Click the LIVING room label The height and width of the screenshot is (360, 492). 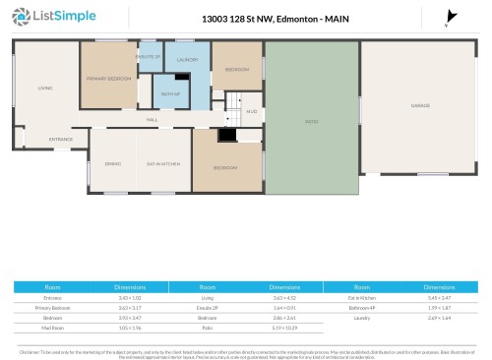point(44,89)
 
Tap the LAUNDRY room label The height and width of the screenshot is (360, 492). point(187,61)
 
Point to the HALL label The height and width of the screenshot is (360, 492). point(153,119)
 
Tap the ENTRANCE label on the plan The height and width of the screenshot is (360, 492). point(61,139)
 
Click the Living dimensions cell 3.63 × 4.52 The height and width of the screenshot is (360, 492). point(284,295)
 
